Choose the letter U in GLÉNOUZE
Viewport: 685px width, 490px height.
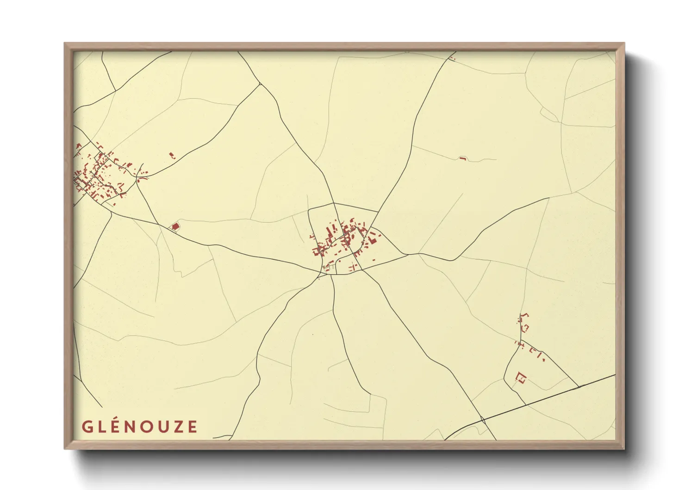[x=162, y=427]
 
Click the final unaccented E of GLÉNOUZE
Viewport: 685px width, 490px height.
[x=193, y=427]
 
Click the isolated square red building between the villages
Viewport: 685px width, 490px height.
[x=175, y=226]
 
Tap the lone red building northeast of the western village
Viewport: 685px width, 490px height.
[x=172, y=156]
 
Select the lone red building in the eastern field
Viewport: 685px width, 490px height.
[x=462, y=159]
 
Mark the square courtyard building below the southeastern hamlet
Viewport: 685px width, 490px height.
[x=521, y=378]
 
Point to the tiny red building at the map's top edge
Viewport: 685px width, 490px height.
[x=452, y=58]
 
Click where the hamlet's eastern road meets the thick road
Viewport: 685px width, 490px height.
[x=579, y=387]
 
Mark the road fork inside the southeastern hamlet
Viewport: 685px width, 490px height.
[x=520, y=343]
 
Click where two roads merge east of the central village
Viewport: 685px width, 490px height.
[x=408, y=254]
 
